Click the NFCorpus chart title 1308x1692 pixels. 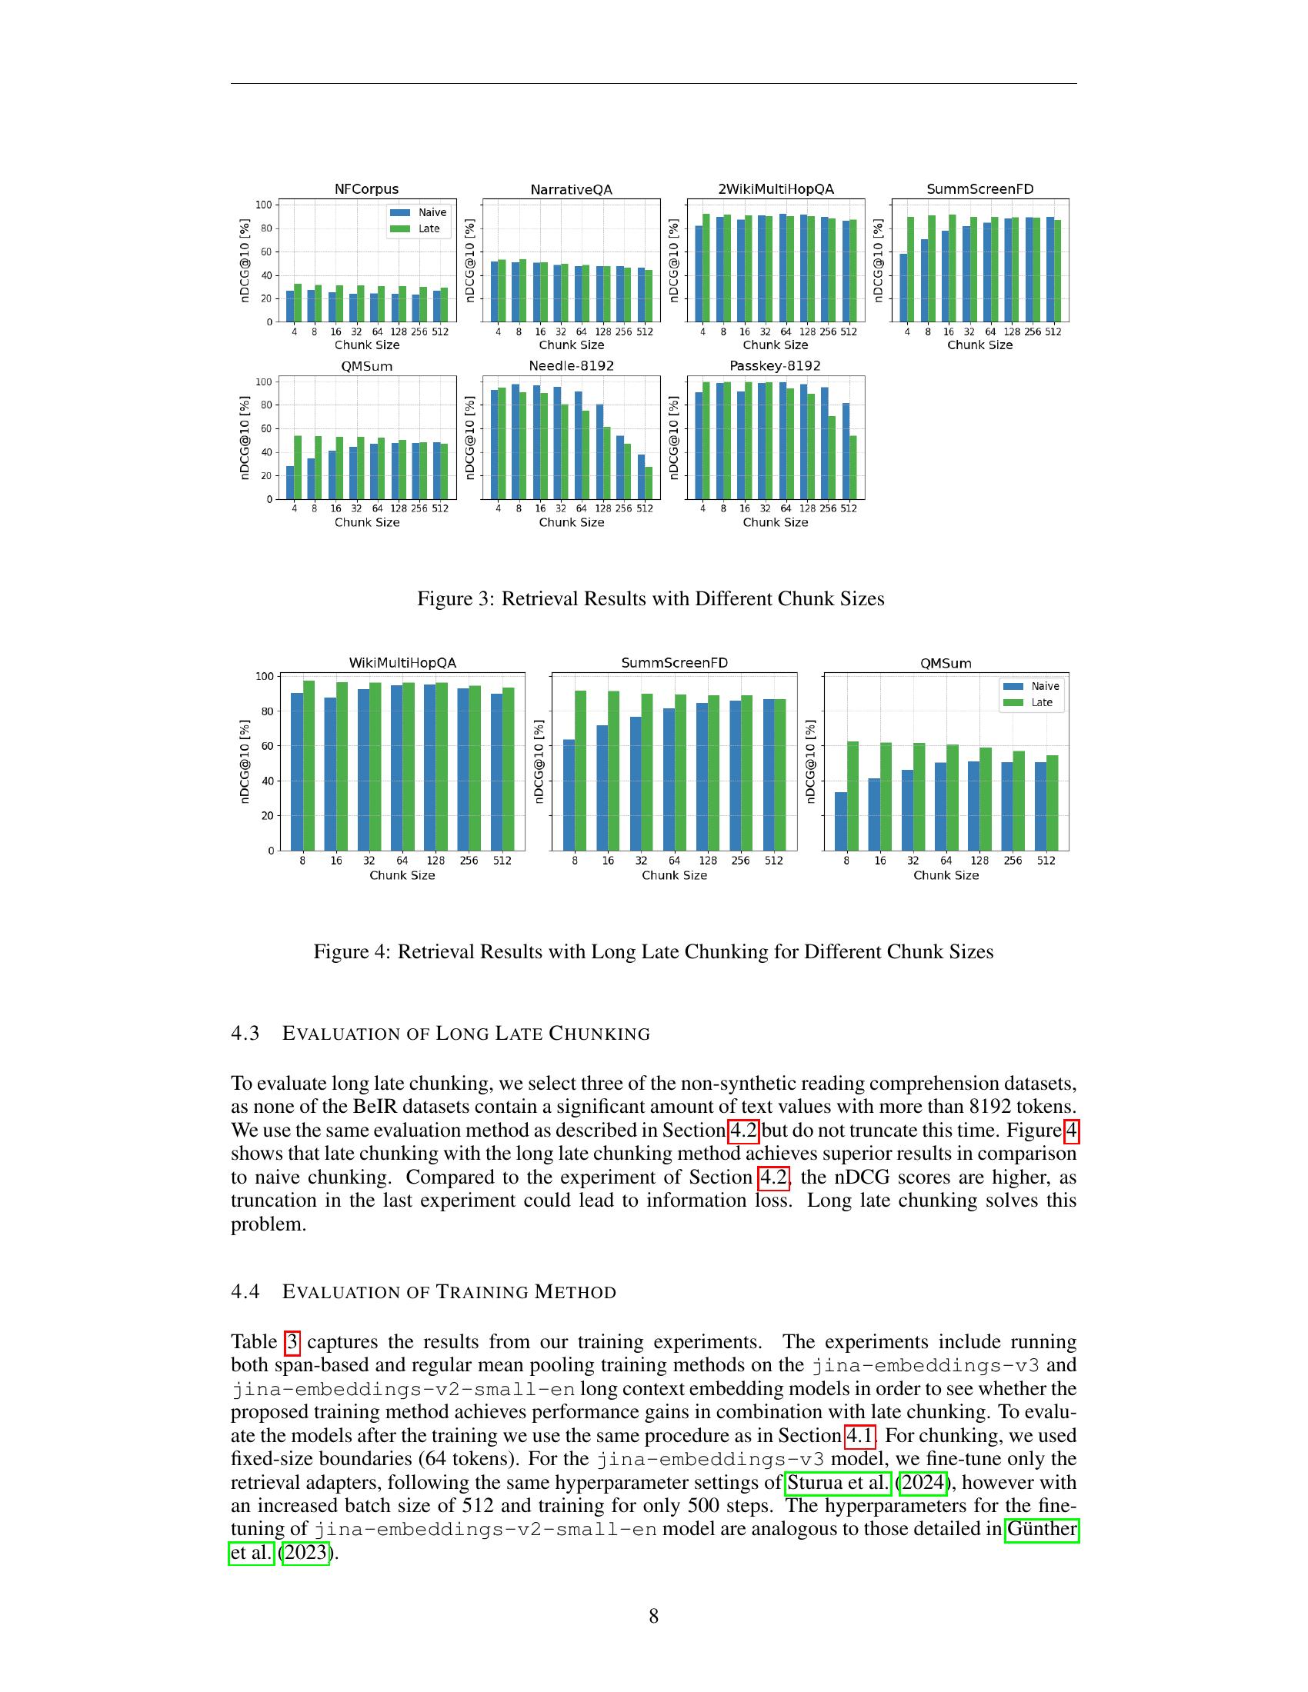click(x=366, y=189)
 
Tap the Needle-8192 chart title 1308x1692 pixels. click(x=571, y=365)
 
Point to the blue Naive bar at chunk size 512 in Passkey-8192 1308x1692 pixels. click(x=846, y=451)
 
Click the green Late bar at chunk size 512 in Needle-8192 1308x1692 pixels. click(x=649, y=483)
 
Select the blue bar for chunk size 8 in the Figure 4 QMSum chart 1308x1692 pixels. click(x=841, y=821)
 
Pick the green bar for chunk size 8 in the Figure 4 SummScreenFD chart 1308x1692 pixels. click(x=580, y=770)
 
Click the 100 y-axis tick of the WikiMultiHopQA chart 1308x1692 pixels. click(x=265, y=676)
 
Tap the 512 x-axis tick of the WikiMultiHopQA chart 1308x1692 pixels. click(x=502, y=860)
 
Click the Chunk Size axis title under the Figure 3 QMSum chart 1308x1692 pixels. click(x=366, y=522)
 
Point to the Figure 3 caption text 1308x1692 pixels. click(x=650, y=599)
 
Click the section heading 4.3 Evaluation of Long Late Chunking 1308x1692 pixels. click(x=440, y=1034)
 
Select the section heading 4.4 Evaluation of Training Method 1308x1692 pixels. click(x=423, y=1291)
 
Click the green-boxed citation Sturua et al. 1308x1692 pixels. click(x=838, y=1482)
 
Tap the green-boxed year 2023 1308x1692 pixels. click(x=305, y=1554)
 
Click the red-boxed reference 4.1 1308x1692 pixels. click(x=859, y=1436)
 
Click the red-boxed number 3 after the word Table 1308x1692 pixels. click(x=292, y=1342)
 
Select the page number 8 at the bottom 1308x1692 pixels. click(x=653, y=1616)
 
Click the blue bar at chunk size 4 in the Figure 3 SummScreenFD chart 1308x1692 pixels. click(x=903, y=288)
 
